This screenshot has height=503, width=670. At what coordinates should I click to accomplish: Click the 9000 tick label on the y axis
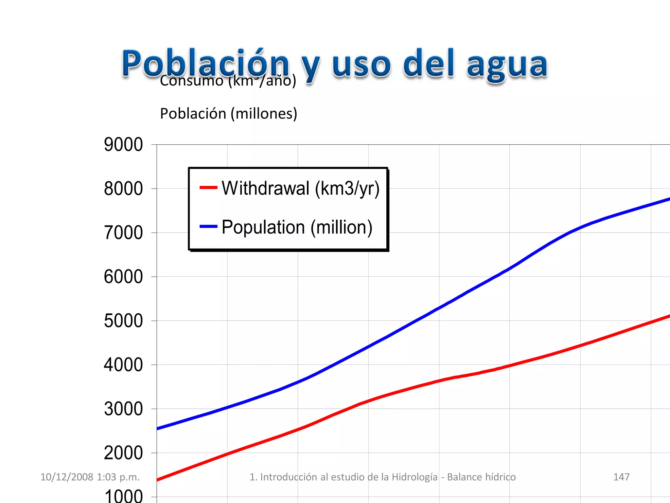123,144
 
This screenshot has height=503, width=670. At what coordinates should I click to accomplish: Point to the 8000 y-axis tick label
123,189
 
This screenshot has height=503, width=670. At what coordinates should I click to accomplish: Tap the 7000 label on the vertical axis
123,233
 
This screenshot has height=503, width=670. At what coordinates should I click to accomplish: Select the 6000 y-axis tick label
123,277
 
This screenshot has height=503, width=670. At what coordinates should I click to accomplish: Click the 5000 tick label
123,321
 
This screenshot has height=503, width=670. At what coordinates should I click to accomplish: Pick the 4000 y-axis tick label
123,365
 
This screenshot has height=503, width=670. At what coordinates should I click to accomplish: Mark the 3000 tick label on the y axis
123,409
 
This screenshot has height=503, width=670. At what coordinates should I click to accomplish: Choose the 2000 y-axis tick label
123,453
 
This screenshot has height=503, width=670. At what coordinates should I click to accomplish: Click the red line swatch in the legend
208,188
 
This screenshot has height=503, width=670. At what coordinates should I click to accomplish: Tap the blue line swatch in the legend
208,226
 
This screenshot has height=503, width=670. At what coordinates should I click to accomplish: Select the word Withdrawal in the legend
265,188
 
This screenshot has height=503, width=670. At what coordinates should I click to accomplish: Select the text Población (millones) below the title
228,114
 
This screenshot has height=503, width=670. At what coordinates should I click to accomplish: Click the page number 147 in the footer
621,477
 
